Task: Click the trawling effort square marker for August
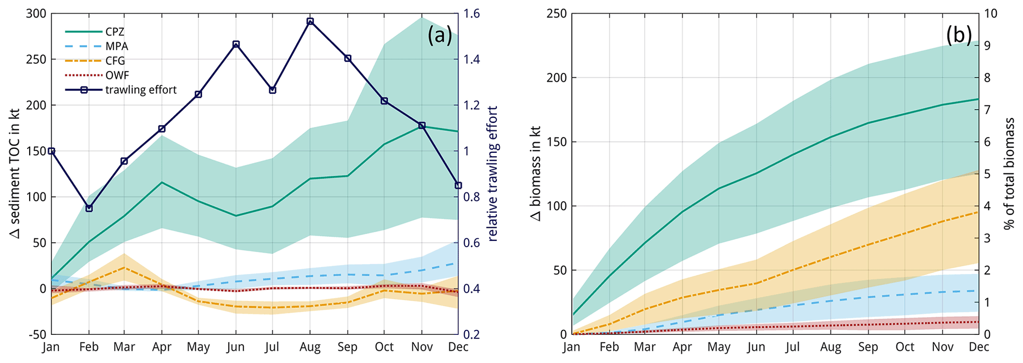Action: tap(310, 21)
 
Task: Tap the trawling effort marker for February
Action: tap(89, 208)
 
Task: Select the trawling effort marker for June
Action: tap(236, 45)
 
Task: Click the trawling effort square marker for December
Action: tap(458, 185)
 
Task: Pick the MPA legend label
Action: tap(117, 46)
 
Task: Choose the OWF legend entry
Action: tap(117, 76)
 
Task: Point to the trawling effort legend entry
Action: tap(141, 90)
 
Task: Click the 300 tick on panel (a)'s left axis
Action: tap(36, 13)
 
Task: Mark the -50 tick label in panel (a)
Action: tap(36, 334)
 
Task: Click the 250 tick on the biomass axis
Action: tap(556, 13)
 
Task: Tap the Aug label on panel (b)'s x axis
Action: tap(830, 347)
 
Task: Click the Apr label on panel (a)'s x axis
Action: tap(162, 347)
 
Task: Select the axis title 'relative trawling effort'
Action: tap(493, 173)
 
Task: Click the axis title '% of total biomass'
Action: tap(1010, 173)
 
